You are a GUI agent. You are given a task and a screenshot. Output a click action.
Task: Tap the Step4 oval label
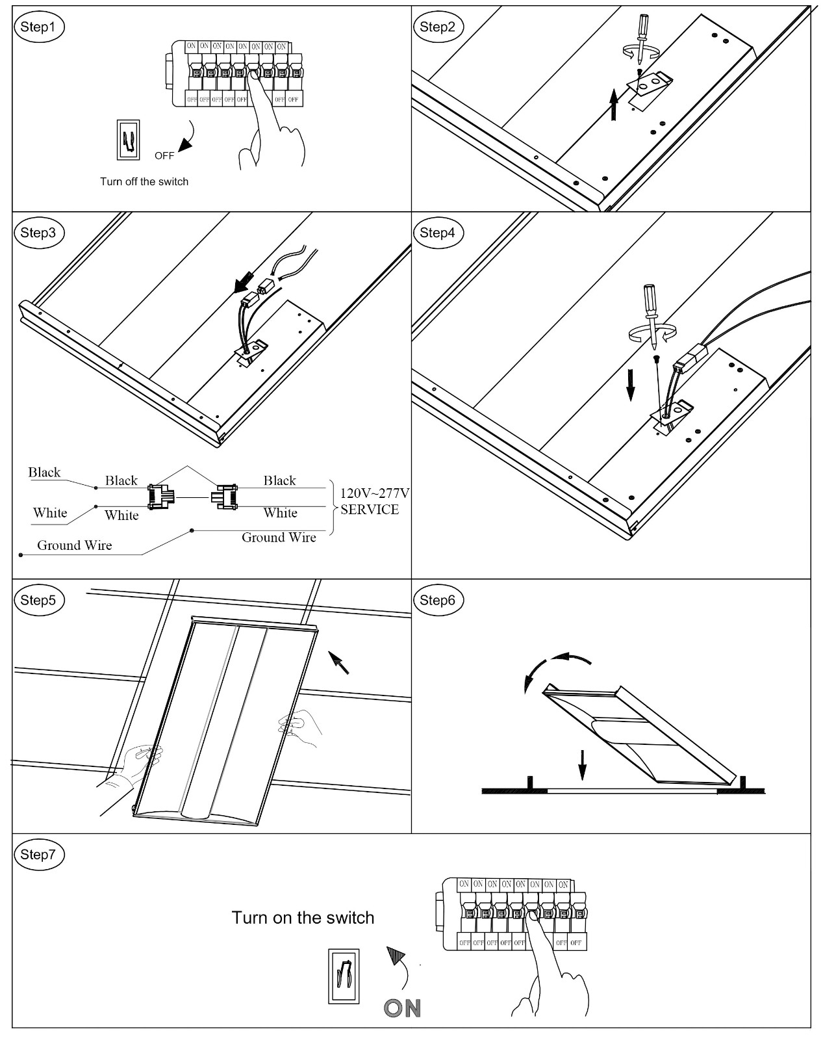tap(438, 233)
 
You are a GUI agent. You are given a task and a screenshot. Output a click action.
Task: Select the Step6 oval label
tap(438, 599)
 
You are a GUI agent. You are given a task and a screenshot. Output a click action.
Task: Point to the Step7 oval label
tap(39, 854)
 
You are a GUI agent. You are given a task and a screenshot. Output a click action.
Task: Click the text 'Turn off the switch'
tap(144, 181)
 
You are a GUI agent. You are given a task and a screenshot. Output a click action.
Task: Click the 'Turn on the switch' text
tap(303, 918)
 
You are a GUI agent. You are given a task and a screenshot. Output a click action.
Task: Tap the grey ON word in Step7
tap(402, 1008)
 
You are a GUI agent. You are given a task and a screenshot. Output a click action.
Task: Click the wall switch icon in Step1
tap(128, 140)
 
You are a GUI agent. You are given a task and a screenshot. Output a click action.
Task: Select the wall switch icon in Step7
tap(344, 976)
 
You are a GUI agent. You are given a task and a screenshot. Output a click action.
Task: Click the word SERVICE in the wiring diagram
tap(370, 509)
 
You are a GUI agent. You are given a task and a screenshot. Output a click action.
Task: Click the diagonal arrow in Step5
tap(338, 663)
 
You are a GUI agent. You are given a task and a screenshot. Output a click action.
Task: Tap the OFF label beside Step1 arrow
tap(164, 156)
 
